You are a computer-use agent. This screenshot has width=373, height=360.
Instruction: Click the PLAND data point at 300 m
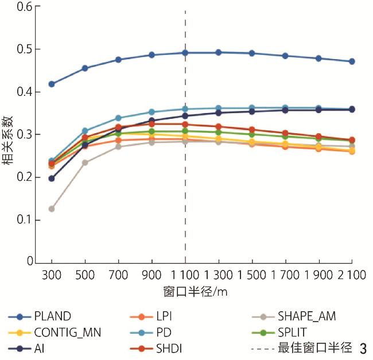[x=52, y=84]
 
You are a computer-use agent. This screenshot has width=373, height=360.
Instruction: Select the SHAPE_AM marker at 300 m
[x=52, y=209]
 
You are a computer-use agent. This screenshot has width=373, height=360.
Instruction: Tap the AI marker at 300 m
[x=52, y=179]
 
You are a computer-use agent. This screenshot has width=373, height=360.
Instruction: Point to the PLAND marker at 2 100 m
[x=352, y=61]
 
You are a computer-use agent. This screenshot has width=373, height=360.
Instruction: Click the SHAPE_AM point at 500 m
[x=85, y=162]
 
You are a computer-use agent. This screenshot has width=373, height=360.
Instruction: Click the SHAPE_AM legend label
[x=307, y=316]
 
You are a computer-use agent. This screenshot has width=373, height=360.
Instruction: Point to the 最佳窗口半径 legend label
[x=314, y=348]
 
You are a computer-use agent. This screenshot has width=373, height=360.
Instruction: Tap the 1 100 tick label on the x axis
[x=185, y=276]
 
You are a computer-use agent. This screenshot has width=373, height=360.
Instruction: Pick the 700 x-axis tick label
[x=118, y=276]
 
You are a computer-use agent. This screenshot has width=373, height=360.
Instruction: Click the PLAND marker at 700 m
[x=118, y=60]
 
